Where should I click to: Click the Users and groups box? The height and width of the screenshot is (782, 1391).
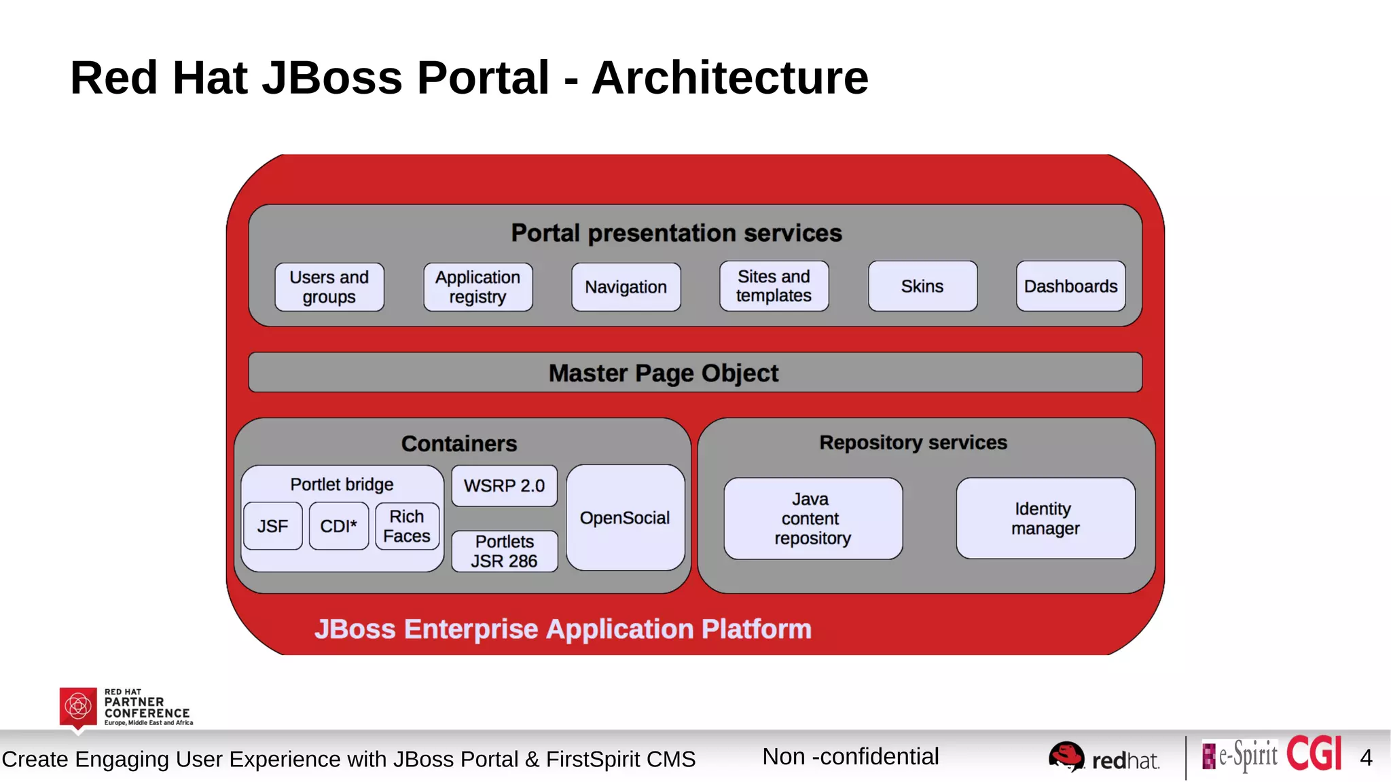click(329, 287)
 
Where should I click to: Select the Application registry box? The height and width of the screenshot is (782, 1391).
click(478, 287)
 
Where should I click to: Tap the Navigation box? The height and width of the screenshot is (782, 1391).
click(626, 287)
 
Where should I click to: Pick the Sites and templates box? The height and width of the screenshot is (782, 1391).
click(774, 286)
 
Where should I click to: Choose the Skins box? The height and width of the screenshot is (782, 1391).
click(922, 286)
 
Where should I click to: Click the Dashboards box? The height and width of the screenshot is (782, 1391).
click(1070, 286)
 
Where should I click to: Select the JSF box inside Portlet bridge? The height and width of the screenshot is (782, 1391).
click(272, 526)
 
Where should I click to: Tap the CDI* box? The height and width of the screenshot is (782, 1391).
click(338, 526)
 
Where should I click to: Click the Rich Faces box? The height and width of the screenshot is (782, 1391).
click(407, 526)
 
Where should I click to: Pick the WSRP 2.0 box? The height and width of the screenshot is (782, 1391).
click(504, 486)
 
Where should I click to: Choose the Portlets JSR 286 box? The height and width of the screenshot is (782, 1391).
click(504, 551)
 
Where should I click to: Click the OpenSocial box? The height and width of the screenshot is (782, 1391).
click(625, 518)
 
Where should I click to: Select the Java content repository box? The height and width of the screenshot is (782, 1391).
click(813, 519)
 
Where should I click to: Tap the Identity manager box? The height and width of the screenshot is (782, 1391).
click(1045, 519)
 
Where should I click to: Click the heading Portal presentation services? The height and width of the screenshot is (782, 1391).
click(676, 233)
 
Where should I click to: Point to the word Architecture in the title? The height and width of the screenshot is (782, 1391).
click(730, 77)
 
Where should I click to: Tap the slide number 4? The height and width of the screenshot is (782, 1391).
click(1366, 758)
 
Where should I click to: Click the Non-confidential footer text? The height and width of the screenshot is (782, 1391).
click(850, 756)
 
